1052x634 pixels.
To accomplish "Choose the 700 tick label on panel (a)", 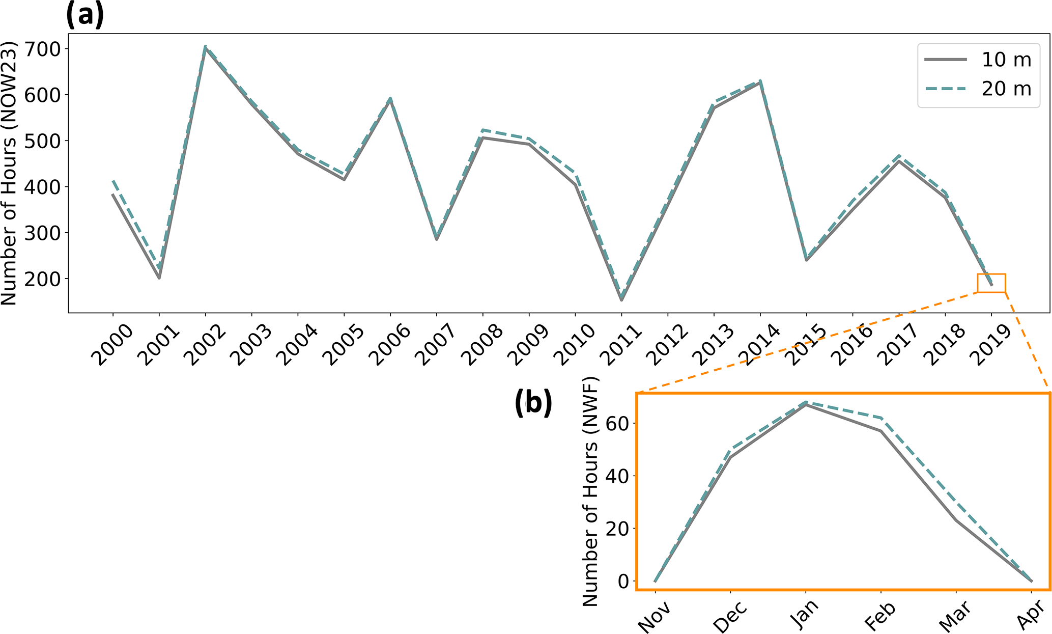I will click(x=46, y=49).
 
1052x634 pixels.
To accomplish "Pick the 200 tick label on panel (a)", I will click(x=46, y=279).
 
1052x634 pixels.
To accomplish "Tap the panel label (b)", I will click(x=533, y=403).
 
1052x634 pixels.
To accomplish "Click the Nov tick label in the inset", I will click(x=653, y=617).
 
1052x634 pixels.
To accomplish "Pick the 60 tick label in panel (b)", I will click(x=617, y=423).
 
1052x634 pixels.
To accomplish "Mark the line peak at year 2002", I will click(x=205, y=47).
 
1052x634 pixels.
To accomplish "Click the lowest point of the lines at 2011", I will click(x=621, y=299).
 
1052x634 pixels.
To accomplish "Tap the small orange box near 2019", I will click(x=991, y=283).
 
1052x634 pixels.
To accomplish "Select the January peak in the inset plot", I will click(x=806, y=403).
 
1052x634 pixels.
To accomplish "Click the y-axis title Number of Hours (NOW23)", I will click(x=9, y=173).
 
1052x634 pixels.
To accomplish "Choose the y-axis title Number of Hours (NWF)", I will click(x=590, y=492).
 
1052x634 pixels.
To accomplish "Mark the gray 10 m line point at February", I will click(x=881, y=431).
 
